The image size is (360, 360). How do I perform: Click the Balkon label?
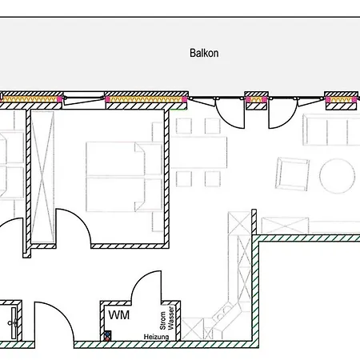(204, 53)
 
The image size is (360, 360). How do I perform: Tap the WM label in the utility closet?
(119, 315)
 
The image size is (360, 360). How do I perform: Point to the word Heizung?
(156, 337)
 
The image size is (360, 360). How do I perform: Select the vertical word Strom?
(162, 320)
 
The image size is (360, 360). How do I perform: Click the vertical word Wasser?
(170, 318)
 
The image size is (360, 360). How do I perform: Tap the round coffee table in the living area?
(337, 176)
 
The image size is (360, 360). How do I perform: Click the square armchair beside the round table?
(292, 174)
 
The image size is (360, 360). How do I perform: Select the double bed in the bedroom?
(124, 177)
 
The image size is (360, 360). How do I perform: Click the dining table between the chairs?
(199, 153)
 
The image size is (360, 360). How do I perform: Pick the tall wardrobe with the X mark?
(42, 176)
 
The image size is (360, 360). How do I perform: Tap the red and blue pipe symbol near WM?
(107, 336)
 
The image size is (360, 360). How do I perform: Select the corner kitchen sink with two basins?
(224, 313)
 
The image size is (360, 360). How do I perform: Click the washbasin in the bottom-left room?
(14, 323)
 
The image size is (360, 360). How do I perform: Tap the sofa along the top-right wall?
(331, 130)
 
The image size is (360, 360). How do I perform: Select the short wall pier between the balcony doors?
(256, 101)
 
